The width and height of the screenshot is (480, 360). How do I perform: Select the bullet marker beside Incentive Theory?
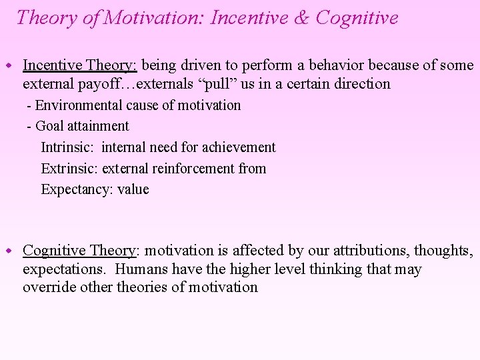[10, 65]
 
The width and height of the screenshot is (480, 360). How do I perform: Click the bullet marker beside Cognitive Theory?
[10, 251]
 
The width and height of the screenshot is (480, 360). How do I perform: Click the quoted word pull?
[205, 84]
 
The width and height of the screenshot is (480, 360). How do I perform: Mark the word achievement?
[238, 147]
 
